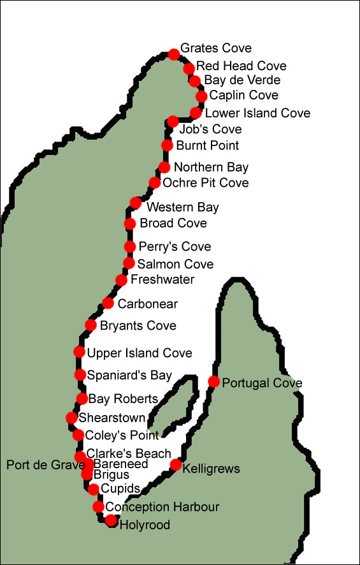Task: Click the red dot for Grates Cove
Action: (x=173, y=54)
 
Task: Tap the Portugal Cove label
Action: (x=262, y=383)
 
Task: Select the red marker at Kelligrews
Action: (x=176, y=465)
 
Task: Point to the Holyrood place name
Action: (x=145, y=525)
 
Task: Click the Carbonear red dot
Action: (x=108, y=303)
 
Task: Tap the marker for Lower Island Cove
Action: (x=196, y=113)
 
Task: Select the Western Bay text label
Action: (x=182, y=207)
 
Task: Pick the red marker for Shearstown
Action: (x=71, y=418)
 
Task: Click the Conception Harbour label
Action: (x=162, y=507)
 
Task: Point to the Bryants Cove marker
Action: (x=91, y=325)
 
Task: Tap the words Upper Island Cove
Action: (x=140, y=353)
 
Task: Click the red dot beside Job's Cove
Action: (x=173, y=121)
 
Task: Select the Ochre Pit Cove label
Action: (x=205, y=183)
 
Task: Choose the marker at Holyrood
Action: (x=111, y=520)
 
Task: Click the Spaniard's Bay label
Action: (x=129, y=375)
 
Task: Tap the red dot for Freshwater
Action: (x=121, y=279)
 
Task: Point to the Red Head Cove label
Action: (x=241, y=66)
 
